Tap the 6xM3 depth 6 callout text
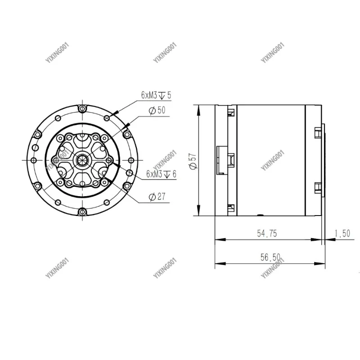(161, 173)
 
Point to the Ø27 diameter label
(156, 196)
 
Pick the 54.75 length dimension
(267, 233)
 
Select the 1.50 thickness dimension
(342, 233)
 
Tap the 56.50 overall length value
(270, 257)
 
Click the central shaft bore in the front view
(82, 160)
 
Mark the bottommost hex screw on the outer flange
(82, 212)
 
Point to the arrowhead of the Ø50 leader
(129, 125)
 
